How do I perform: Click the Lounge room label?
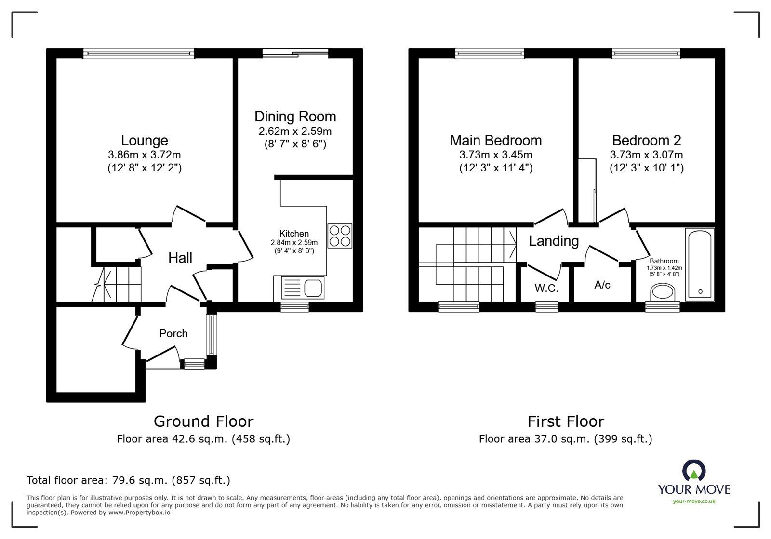[144, 141]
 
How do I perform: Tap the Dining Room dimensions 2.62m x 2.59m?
[295, 131]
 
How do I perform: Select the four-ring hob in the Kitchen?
[340, 236]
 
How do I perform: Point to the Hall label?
[180, 258]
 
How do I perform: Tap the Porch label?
[173, 333]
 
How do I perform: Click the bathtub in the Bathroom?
[700, 265]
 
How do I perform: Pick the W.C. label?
[546, 289]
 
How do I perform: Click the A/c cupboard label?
[602, 285]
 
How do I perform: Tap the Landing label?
[553, 241]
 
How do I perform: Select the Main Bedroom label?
[495, 141]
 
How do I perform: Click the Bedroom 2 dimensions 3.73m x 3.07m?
[646, 155]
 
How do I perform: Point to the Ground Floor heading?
[203, 421]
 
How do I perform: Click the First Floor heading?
[565, 421]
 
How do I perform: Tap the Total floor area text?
[128, 480]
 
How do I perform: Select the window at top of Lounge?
[139, 53]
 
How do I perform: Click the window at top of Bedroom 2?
[646, 53]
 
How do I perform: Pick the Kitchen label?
[294, 234]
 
